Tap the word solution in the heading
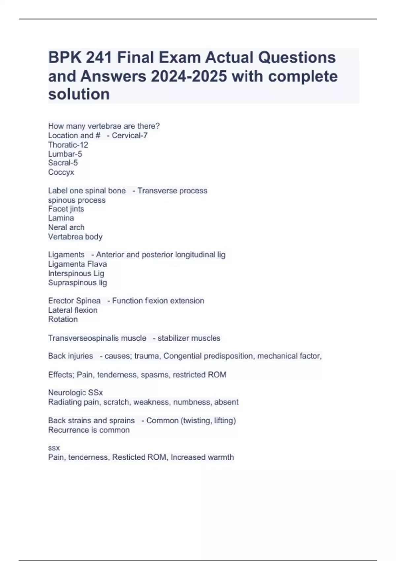click(79, 94)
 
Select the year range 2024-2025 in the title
click(189, 76)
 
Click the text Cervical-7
click(129, 135)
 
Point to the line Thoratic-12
click(68, 145)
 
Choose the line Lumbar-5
click(65, 154)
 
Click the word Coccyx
click(61, 172)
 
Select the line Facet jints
click(66, 209)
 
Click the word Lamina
click(61, 218)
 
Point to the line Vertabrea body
click(75, 237)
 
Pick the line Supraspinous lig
click(77, 282)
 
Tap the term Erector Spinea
click(74, 301)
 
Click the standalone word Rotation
click(63, 319)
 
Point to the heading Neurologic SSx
click(75, 393)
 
